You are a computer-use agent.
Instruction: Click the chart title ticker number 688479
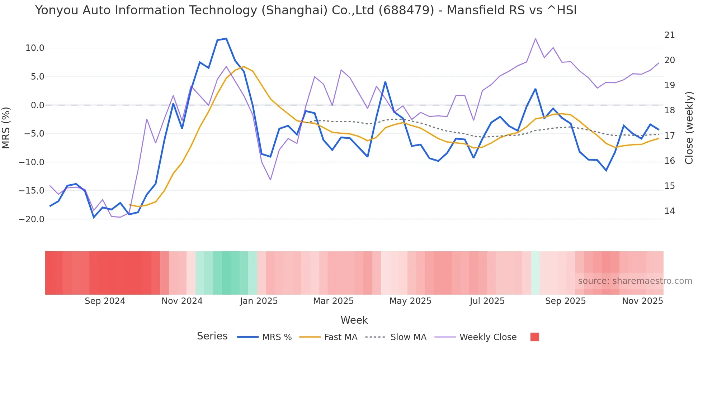point(406,10)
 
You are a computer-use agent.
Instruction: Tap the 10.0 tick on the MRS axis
point(35,48)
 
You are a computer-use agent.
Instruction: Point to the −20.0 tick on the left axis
point(32,219)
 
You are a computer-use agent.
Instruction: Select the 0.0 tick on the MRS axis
point(37,105)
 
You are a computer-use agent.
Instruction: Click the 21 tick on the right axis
point(669,35)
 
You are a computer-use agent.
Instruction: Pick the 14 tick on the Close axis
point(669,211)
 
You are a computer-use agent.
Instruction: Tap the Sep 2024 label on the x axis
point(105,301)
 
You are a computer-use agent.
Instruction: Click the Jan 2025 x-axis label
point(259,301)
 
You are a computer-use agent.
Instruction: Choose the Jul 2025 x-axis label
point(487,301)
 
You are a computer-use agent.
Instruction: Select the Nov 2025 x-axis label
point(642,301)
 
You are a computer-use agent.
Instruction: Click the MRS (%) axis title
point(6,128)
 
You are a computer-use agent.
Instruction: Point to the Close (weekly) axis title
point(689,128)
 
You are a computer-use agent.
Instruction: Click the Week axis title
point(354,320)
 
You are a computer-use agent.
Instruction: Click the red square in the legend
point(534,337)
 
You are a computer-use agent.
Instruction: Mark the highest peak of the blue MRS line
point(226,38)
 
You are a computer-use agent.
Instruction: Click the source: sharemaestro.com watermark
point(635,281)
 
